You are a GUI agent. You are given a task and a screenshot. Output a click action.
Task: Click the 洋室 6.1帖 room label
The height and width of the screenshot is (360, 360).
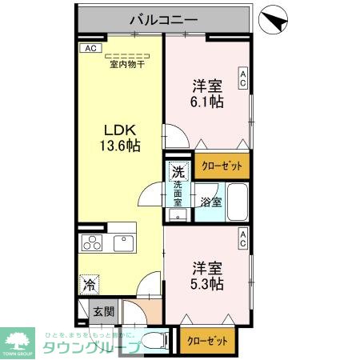tap(206, 93)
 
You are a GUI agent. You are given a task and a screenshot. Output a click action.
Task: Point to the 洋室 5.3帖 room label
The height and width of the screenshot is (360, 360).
tap(206, 274)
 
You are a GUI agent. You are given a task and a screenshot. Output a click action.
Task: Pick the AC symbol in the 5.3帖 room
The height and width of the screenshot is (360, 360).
tap(242, 238)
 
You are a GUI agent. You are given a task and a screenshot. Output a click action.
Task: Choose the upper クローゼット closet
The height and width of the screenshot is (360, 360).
tap(222, 166)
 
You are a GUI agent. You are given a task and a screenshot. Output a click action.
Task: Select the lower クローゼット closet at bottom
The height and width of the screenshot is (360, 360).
tap(207, 340)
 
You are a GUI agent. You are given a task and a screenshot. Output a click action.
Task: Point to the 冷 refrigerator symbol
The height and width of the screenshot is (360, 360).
tap(90, 283)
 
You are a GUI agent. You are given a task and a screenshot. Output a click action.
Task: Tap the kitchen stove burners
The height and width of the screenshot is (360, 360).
tap(90, 244)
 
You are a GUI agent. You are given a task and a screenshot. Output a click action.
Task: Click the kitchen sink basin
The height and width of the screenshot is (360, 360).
tap(126, 243)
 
